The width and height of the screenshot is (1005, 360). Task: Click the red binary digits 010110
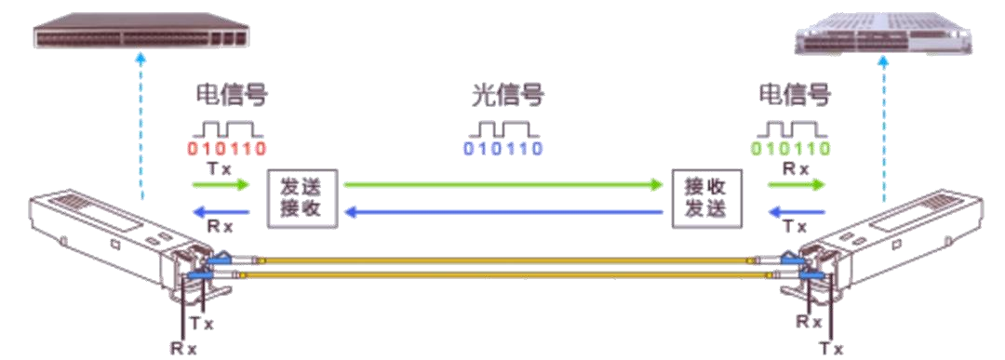[x=228, y=149]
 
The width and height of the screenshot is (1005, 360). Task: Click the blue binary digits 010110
[x=504, y=149]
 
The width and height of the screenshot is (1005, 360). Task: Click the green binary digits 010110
[x=791, y=149]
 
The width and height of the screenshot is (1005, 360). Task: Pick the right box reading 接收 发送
[x=708, y=198]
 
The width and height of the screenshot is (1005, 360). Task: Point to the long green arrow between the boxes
[x=502, y=185]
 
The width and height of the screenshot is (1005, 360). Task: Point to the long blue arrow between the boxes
[x=502, y=213]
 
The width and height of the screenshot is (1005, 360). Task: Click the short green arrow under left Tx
[x=221, y=185]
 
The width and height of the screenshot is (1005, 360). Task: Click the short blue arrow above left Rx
[x=221, y=213]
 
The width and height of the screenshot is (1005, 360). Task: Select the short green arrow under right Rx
[x=797, y=185]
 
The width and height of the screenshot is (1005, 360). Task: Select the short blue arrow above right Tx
[x=797, y=213]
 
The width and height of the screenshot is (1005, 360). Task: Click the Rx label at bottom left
[x=183, y=347]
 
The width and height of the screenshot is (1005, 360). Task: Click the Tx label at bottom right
[x=830, y=347]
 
